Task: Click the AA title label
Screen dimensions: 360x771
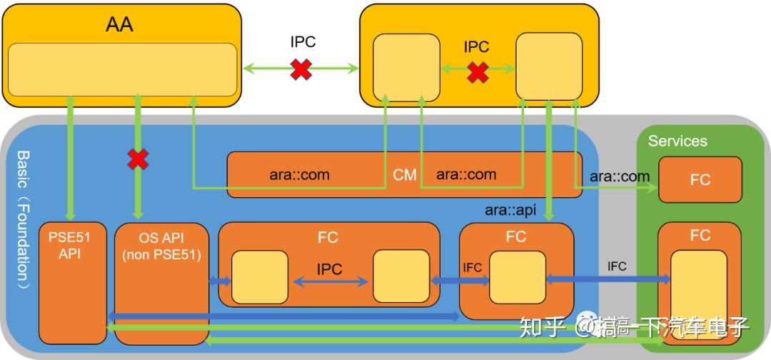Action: click(x=119, y=25)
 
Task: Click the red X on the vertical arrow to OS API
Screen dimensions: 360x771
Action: click(x=138, y=159)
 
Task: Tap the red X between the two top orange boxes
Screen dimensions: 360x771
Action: click(x=301, y=69)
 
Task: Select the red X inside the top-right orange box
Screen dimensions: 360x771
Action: click(x=478, y=71)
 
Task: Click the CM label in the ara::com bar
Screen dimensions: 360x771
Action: click(x=405, y=175)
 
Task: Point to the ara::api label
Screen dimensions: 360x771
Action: click(x=510, y=209)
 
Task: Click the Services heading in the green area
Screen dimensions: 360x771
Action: click(x=677, y=141)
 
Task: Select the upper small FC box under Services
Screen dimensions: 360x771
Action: click(x=700, y=179)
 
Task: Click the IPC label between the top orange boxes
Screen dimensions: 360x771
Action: click(x=303, y=42)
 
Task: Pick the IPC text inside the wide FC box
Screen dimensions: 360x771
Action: click(x=329, y=269)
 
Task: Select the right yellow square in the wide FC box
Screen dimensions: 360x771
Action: click(x=401, y=277)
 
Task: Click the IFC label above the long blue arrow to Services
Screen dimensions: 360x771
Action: click(x=616, y=266)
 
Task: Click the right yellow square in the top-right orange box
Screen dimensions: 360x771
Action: click(x=548, y=66)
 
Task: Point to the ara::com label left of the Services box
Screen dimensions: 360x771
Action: click(x=620, y=176)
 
